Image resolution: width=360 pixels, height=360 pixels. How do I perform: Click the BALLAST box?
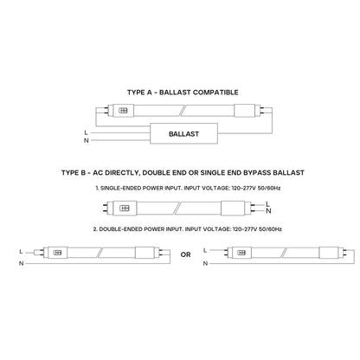[x=183, y=133]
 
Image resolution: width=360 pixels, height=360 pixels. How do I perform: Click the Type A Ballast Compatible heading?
[x=183, y=93]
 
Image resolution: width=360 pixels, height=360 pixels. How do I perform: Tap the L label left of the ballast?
[x=86, y=132]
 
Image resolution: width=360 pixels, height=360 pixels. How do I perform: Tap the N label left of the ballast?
[x=87, y=140]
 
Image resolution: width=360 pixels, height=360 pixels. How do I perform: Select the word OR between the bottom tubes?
[x=185, y=254]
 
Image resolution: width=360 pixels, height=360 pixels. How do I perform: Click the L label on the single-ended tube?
[x=267, y=204]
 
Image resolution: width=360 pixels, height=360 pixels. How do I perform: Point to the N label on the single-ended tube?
[x=268, y=211]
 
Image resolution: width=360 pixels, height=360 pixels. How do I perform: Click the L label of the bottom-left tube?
[x=21, y=252]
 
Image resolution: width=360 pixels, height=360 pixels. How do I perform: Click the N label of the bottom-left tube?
[x=21, y=263]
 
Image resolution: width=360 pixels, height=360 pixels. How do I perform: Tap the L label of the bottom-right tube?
[x=205, y=250]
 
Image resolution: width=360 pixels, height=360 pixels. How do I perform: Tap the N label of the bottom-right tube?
[x=205, y=263]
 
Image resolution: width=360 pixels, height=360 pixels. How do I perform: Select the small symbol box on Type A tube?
[x=123, y=111]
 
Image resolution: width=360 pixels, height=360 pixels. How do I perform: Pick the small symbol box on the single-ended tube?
[x=125, y=208]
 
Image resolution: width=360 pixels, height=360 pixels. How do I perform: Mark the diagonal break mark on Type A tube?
[x=183, y=111]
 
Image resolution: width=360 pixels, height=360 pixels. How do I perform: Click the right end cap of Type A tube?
[x=245, y=111]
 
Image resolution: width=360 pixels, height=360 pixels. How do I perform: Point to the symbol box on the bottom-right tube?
[x=241, y=253]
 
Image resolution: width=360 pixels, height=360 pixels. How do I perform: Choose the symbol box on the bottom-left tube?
[x=57, y=253]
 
